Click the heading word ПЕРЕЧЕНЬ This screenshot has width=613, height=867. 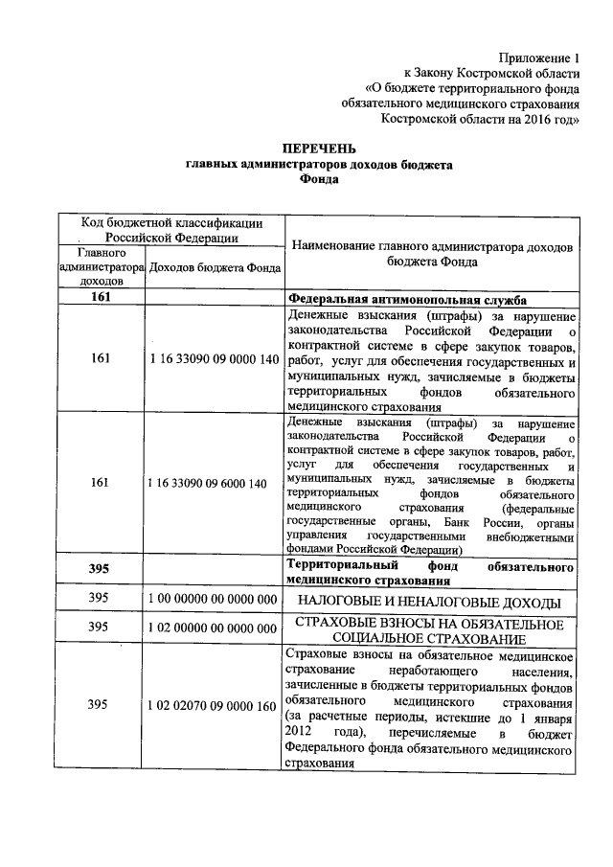point(317,148)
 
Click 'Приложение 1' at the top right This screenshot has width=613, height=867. point(541,57)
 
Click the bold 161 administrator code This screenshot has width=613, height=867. point(102,298)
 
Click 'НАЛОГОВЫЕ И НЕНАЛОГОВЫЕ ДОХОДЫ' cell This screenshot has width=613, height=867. point(430,601)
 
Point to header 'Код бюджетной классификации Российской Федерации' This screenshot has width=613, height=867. point(171,231)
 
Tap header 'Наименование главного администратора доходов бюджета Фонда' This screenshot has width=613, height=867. point(431,253)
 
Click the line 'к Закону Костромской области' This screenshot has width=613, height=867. point(491,73)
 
